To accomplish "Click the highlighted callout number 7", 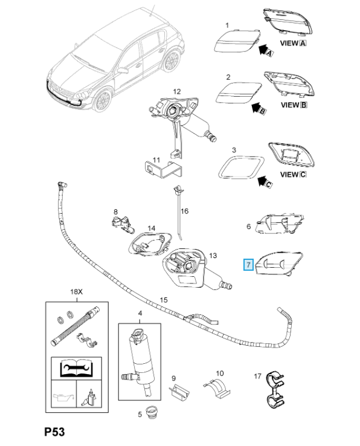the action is (248, 265).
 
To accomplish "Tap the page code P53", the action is (54, 431).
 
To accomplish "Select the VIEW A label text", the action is (293, 44).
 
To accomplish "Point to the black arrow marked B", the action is (259, 108).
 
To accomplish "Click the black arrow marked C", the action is (265, 181).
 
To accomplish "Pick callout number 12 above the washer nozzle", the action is (177, 92).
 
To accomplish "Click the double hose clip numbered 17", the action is (275, 389).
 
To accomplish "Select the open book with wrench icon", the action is (77, 368).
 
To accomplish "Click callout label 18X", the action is (76, 292).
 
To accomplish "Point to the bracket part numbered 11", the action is (163, 170).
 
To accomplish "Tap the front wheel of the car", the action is (103, 100).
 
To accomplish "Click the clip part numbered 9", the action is (180, 392).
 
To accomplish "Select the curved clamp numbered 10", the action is (217, 387).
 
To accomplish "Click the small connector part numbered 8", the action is (123, 224).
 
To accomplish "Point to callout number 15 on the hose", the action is (164, 300).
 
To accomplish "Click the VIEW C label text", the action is (293, 175).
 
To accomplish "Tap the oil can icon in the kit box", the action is (64, 396).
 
